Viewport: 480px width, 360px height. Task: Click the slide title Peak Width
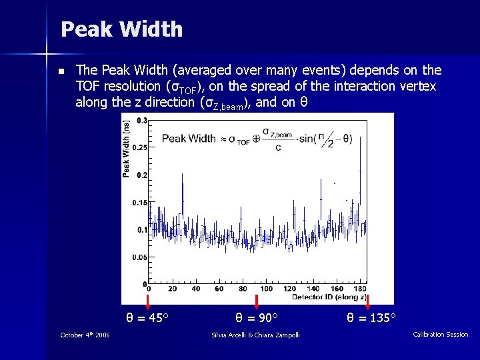[x=121, y=29]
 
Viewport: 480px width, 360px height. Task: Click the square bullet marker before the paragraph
[x=61, y=71]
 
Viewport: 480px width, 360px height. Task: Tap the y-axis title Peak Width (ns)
[x=126, y=148]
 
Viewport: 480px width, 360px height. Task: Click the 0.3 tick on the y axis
[x=142, y=121]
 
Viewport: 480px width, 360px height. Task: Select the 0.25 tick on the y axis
[x=141, y=147]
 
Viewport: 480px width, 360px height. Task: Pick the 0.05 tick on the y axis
[x=141, y=257]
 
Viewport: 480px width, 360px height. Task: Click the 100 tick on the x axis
[x=266, y=289]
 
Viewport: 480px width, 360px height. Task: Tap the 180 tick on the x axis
[x=359, y=289]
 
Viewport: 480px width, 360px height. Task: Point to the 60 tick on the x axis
[x=219, y=289]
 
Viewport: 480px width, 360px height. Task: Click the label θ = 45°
[x=147, y=317]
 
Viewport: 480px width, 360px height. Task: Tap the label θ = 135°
[x=371, y=317]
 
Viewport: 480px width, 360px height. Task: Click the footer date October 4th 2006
[x=85, y=335]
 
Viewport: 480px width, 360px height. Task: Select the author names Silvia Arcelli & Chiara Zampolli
[x=255, y=335]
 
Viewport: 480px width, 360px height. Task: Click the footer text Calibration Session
[x=440, y=335]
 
